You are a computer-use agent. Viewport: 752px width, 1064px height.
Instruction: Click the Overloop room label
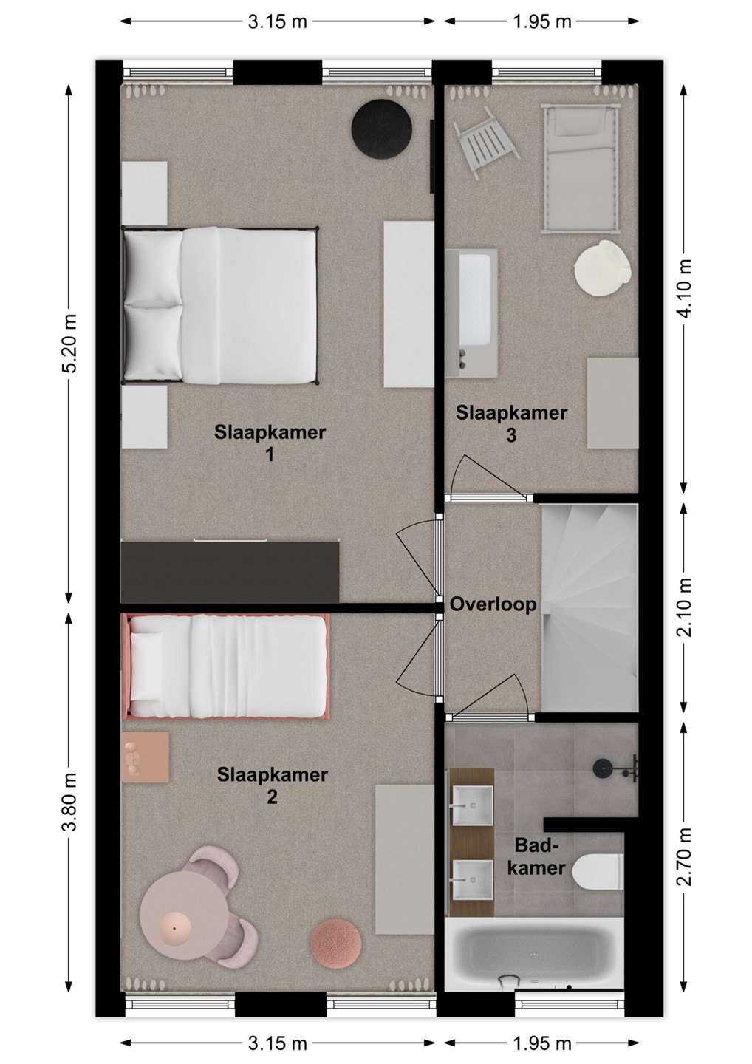coord(493,604)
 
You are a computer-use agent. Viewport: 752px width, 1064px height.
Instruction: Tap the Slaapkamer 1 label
coord(270,443)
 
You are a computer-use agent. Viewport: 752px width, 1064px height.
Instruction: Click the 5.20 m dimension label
coord(69,344)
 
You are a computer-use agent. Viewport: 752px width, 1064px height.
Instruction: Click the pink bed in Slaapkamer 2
coord(225,666)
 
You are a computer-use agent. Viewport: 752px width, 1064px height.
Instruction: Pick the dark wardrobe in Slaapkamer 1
coord(230,572)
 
